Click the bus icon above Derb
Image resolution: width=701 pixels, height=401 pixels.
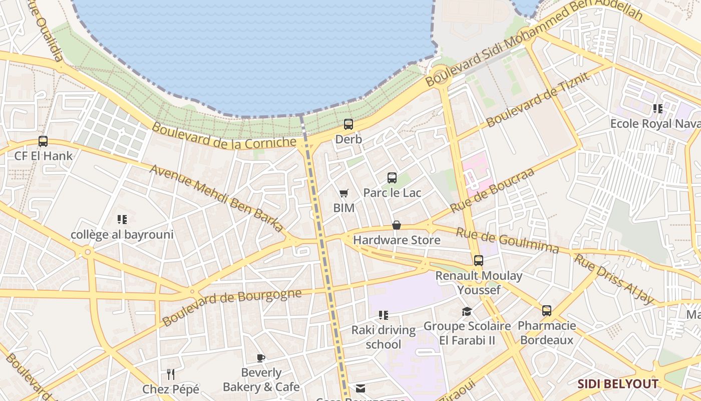[x=348, y=124]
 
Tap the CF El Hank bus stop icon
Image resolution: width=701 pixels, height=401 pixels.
[x=43, y=141]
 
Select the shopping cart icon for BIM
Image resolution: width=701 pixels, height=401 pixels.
[x=343, y=193]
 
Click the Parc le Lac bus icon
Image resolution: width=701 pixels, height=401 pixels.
[x=392, y=178]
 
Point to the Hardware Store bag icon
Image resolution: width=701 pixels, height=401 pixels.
[x=397, y=225]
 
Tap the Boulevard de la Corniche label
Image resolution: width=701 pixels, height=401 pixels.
[x=224, y=136]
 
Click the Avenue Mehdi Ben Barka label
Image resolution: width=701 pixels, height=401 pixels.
[x=216, y=198]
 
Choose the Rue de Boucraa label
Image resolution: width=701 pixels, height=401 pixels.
[x=493, y=190]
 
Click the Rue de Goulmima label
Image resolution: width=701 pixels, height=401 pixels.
[x=507, y=240]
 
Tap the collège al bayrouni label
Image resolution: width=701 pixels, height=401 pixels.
[x=122, y=235]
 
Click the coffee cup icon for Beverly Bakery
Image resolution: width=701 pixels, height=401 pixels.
[x=260, y=358]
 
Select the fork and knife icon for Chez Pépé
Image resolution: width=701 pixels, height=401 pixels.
[x=171, y=374]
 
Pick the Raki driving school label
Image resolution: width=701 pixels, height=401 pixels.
[x=384, y=337]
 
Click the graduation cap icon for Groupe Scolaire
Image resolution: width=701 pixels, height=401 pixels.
[x=467, y=311]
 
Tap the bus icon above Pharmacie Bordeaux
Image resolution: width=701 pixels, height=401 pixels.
[x=547, y=311]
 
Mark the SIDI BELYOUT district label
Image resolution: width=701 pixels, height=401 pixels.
[x=618, y=384]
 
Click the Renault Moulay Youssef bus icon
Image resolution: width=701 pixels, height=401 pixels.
[x=479, y=261]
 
